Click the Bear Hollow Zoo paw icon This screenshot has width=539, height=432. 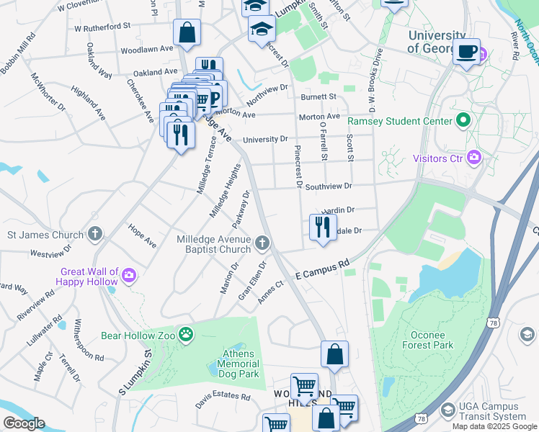coord(186,334)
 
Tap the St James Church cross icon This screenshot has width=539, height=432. coord(95,234)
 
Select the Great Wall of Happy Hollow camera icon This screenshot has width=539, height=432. coord(129,274)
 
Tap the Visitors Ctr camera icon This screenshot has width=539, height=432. coord(474,157)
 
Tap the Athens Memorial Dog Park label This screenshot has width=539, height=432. coord(238,364)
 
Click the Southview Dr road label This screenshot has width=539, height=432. coord(328,186)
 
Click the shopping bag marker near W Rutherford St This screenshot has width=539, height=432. coord(187,32)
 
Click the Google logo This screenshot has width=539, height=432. coord(23,423)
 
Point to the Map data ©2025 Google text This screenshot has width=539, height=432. coord(494,426)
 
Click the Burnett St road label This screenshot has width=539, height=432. coord(318,96)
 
